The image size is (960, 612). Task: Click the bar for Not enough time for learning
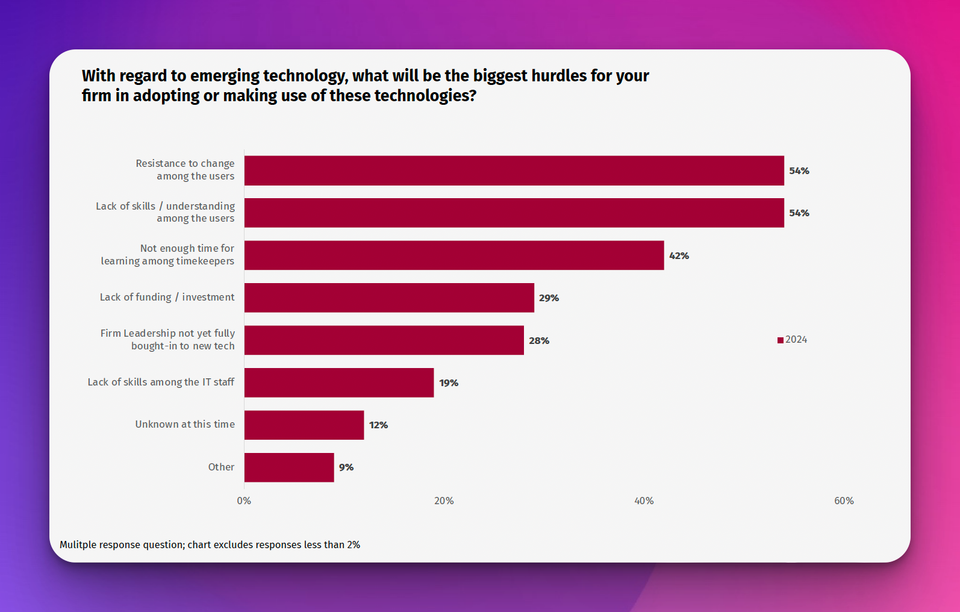(x=454, y=255)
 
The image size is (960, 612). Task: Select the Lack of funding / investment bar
(x=389, y=298)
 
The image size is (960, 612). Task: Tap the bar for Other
(x=289, y=467)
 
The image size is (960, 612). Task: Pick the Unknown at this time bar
(x=304, y=425)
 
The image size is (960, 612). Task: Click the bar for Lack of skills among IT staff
(x=339, y=382)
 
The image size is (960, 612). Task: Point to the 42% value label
(x=679, y=256)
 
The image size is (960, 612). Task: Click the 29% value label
(x=549, y=298)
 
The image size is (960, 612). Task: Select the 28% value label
(x=539, y=341)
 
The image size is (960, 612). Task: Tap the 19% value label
(x=449, y=383)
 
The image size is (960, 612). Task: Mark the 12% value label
(x=378, y=425)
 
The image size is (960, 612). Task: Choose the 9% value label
(x=346, y=467)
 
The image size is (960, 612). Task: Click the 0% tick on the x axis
(x=244, y=501)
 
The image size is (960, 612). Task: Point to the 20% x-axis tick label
(x=444, y=501)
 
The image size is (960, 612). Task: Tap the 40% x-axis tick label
(x=644, y=501)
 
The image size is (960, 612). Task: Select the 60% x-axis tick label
(x=844, y=501)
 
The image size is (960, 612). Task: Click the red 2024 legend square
(x=781, y=340)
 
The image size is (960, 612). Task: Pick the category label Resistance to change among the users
(x=185, y=170)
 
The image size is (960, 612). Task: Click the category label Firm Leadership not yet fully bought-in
(x=167, y=340)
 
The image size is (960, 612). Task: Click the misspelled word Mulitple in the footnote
(x=78, y=545)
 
